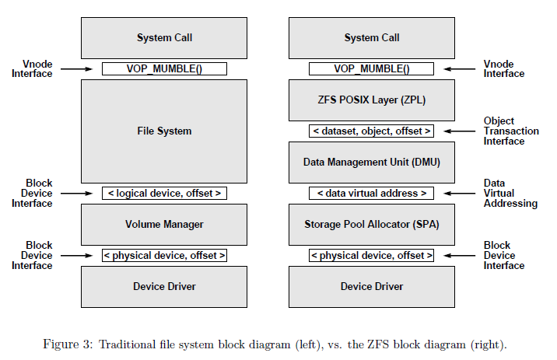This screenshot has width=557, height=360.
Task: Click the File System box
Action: click(164, 131)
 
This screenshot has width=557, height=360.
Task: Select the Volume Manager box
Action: click(164, 224)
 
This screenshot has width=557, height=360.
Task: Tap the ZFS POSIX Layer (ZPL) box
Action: click(372, 100)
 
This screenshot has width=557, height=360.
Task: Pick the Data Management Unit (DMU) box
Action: click(372, 162)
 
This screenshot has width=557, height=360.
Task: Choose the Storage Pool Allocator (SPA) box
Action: click(372, 224)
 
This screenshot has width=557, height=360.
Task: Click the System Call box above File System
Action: click(164, 37)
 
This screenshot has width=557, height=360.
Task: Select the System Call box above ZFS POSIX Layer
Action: click(372, 37)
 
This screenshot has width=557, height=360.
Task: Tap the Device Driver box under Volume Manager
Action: click(164, 286)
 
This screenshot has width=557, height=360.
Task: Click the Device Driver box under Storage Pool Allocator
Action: click(372, 286)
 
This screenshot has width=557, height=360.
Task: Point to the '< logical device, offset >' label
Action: click(164, 193)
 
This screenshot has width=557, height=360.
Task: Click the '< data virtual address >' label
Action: click(372, 193)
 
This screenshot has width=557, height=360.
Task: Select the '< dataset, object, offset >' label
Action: click(372, 131)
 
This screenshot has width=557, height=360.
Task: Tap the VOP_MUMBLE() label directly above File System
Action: click(164, 68)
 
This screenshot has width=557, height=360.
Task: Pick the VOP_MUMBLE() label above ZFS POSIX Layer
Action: click(372, 68)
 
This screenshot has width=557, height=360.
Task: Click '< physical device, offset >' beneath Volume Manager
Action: click(164, 255)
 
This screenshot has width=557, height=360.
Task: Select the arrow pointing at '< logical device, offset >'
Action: click(79, 193)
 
